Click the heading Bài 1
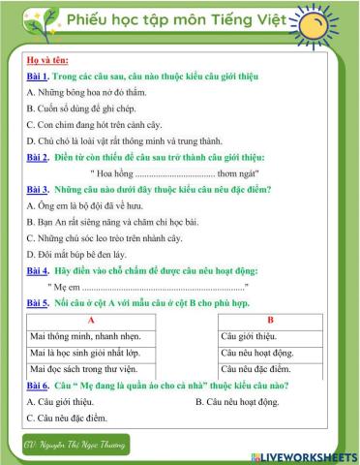coord(38,76)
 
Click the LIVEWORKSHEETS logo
coord(310,454)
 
